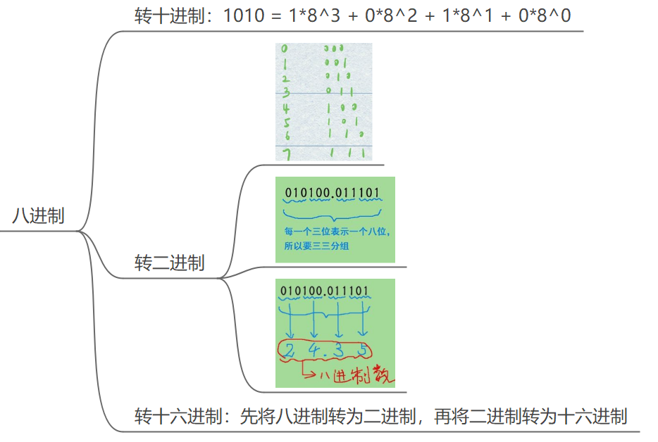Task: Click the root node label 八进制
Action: (38, 215)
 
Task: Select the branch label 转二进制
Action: (169, 263)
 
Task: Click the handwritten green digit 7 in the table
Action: (285, 153)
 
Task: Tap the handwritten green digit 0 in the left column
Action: (284, 49)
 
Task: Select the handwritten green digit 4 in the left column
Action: (286, 108)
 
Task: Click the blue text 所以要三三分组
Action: (317, 246)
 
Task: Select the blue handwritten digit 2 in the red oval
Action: (291, 349)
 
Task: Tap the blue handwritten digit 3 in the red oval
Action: (339, 349)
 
